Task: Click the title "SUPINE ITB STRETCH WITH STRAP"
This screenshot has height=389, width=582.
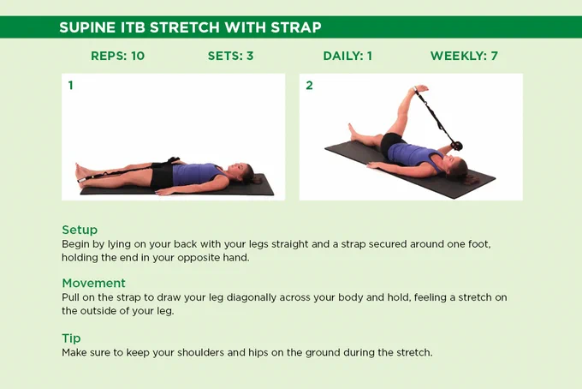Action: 190,27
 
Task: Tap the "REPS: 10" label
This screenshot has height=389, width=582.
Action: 117,56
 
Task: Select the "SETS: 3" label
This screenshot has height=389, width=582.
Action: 230,56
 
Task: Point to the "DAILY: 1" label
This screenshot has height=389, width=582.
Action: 347,56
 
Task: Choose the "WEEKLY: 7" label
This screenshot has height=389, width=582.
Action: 464,56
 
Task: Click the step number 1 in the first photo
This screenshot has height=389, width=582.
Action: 70,86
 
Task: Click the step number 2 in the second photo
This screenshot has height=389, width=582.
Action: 309,86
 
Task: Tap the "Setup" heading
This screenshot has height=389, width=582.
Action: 80,230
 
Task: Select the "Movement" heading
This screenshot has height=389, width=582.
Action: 93,283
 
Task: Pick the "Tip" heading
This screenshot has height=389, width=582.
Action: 71,338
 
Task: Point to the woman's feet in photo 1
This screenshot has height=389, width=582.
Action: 82,173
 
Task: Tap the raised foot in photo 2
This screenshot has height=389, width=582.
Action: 419,90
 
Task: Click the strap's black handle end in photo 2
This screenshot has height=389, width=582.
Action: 456,146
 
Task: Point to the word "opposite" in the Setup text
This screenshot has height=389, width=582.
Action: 198,258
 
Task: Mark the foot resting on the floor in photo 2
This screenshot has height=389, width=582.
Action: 353,132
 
